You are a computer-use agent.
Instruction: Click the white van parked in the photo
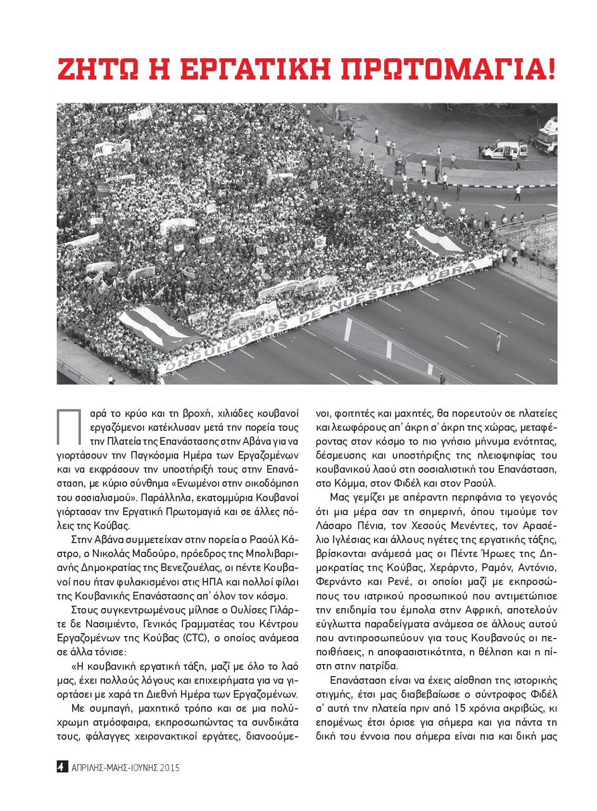point(505,150)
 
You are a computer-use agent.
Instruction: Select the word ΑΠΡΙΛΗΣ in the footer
point(91,768)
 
